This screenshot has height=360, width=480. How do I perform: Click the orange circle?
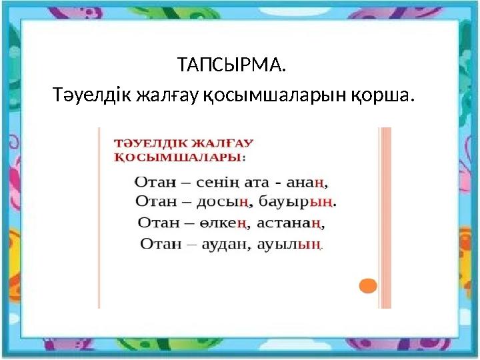368,286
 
